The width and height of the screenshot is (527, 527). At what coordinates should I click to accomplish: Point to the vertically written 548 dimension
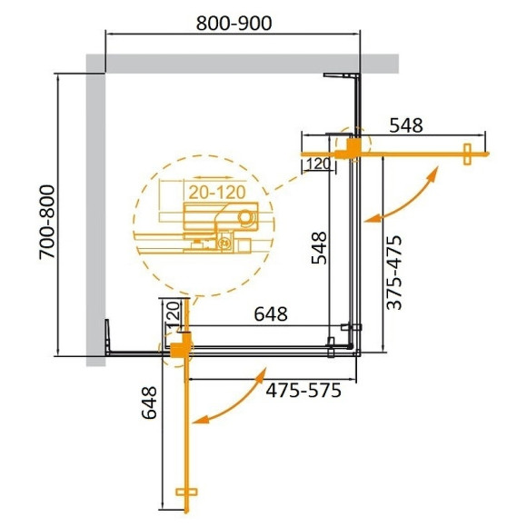pyautogui.click(x=317, y=244)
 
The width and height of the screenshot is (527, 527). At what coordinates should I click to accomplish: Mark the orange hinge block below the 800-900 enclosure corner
pyautogui.click(x=349, y=147)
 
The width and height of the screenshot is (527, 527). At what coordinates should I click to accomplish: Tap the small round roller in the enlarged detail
pyautogui.click(x=245, y=217)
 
